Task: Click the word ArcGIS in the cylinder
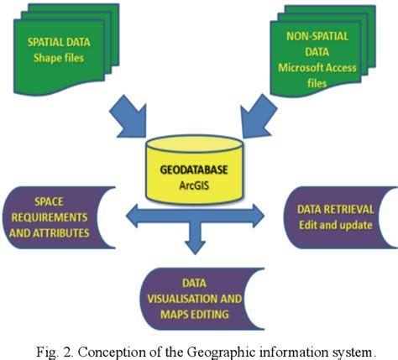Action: pos(199,181)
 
